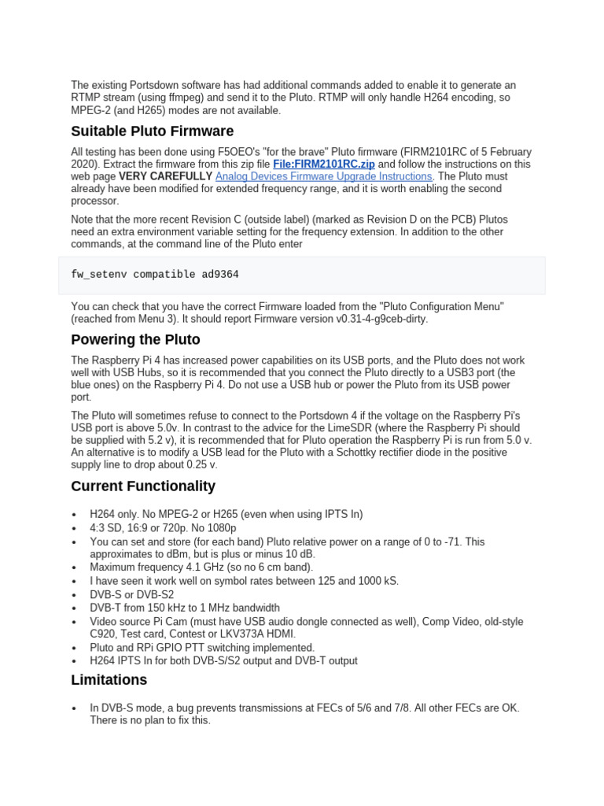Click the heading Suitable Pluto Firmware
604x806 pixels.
click(152, 131)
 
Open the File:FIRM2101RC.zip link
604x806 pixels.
click(323, 165)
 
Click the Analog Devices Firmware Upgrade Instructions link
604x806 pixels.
click(323, 177)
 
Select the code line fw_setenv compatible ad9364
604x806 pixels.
click(155, 275)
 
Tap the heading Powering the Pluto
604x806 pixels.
click(135, 339)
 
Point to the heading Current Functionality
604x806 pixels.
click(143, 486)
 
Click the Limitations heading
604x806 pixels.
click(109, 679)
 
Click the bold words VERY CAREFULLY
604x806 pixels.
click(165, 177)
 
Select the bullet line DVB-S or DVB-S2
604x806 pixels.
click(132, 595)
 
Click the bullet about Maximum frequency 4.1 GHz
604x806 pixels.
click(201, 567)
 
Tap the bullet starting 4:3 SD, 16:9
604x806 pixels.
click(163, 528)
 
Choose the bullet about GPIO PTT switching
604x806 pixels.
click(202, 648)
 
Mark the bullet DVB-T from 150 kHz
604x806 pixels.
click(185, 608)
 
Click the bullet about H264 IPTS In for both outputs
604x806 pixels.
click(223, 660)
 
